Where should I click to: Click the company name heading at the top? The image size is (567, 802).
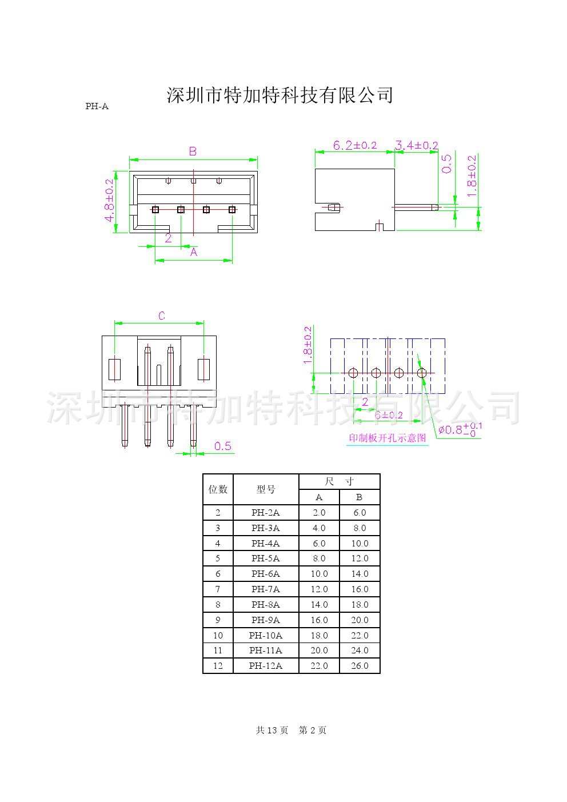279,95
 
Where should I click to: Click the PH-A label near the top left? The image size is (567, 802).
97,106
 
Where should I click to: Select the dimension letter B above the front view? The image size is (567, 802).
193,151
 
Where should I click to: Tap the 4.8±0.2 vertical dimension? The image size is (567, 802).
109,201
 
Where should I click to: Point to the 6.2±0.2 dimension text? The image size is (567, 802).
354,146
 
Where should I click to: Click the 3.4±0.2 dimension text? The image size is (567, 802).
416,146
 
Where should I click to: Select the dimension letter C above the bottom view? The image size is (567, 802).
162,316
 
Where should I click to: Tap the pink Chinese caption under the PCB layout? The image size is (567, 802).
388,438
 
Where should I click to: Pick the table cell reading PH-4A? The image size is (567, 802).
266,543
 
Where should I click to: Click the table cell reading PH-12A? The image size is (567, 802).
266,665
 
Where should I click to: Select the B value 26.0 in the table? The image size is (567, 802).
360,665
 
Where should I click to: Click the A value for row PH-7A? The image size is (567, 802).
319,589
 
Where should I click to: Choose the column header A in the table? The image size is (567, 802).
319,497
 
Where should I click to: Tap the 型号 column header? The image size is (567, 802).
266,489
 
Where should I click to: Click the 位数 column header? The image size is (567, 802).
218,489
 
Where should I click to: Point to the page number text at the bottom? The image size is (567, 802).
291,730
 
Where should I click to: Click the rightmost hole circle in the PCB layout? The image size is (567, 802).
422,373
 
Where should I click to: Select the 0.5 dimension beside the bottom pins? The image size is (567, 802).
223,446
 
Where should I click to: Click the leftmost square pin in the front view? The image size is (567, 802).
155,210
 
